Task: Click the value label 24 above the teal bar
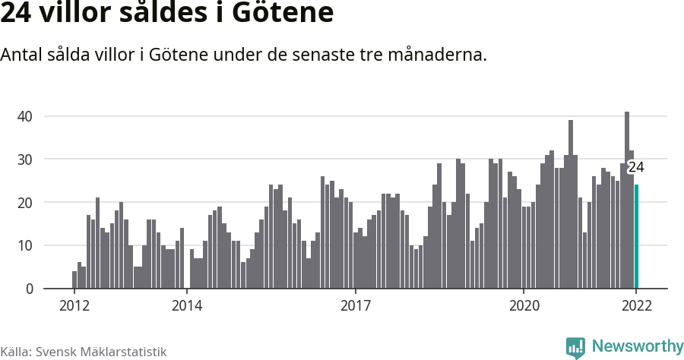[x=636, y=168]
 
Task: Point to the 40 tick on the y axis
[x=27, y=116]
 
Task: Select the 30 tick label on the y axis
[x=27, y=159]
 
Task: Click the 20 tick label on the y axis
[x=27, y=203]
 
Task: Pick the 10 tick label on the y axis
[x=27, y=245]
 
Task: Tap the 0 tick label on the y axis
[x=30, y=289]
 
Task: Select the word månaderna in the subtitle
[x=437, y=55]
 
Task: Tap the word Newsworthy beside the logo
[x=637, y=347]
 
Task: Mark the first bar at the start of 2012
[x=74, y=280]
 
